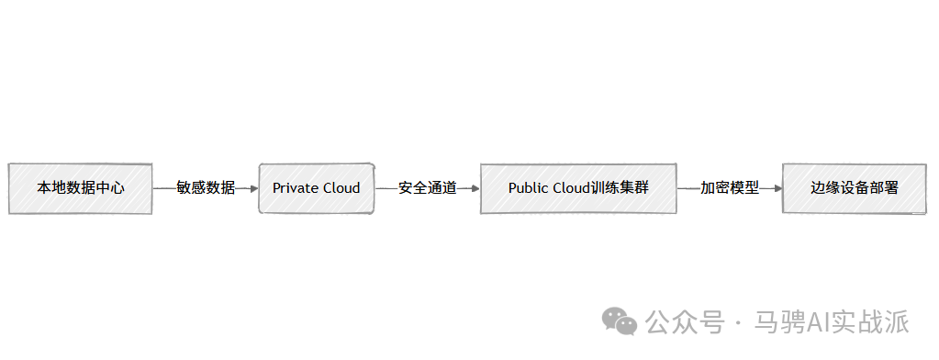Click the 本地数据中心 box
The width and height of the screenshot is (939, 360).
pyautogui.click(x=80, y=188)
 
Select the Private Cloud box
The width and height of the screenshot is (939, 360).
pyautogui.click(x=317, y=188)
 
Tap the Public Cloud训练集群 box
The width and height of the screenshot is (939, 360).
pyautogui.click(x=578, y=188)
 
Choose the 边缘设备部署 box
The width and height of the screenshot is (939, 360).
pyautogui.click(x=855, y=188)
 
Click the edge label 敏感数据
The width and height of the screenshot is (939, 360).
pyautogui.click(x=206, y=188)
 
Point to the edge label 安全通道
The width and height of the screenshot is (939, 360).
pyautogui.click(x=428, y=188)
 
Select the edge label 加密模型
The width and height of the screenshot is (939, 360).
pyautogui.click(x=730, y=188)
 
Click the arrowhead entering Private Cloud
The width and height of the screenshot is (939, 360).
pyautogui.click(x=254, y=188)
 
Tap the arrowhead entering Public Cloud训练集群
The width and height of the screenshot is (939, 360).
pyautogui.click(x=476, y=188)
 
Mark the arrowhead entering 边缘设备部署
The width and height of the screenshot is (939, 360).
pyautogui.click(x=778, y=188)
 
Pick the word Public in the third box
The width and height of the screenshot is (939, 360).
pyautogui.click(x=526, y=188)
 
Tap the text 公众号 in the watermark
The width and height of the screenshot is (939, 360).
pyautogui.click(x=685, y=322)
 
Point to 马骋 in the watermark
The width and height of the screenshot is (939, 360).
pyautogui.click(x=780, y=322)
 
